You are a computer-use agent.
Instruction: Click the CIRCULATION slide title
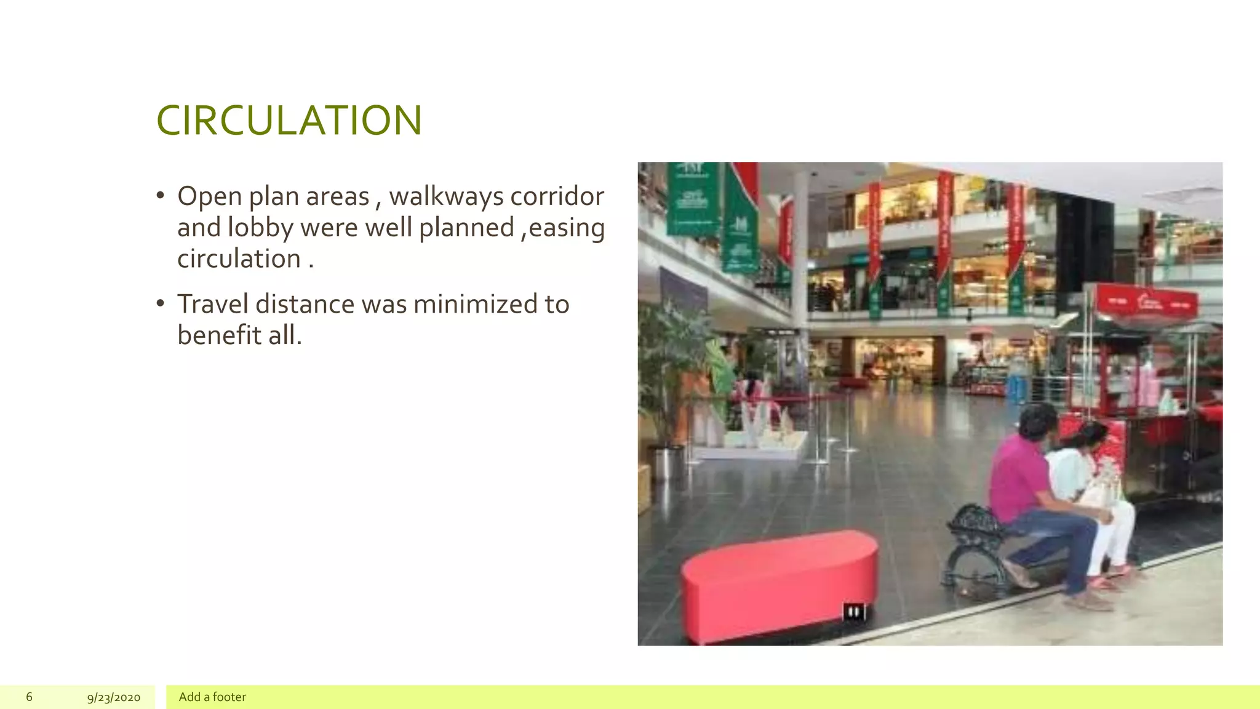coord(289,120)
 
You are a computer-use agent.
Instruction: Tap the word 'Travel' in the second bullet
coord(212,304)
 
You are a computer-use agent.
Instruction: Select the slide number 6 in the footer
coord(29,697)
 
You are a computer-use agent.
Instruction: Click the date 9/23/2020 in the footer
coord(113,697)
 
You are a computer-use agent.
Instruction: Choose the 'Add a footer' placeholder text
coord(212,697)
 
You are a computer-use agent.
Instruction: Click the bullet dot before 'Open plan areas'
coord(161,196)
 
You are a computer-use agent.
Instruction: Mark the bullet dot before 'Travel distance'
coord(161,303)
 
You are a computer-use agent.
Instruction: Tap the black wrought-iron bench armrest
coord(975,523)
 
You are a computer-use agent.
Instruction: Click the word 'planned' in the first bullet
coord(466,228)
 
